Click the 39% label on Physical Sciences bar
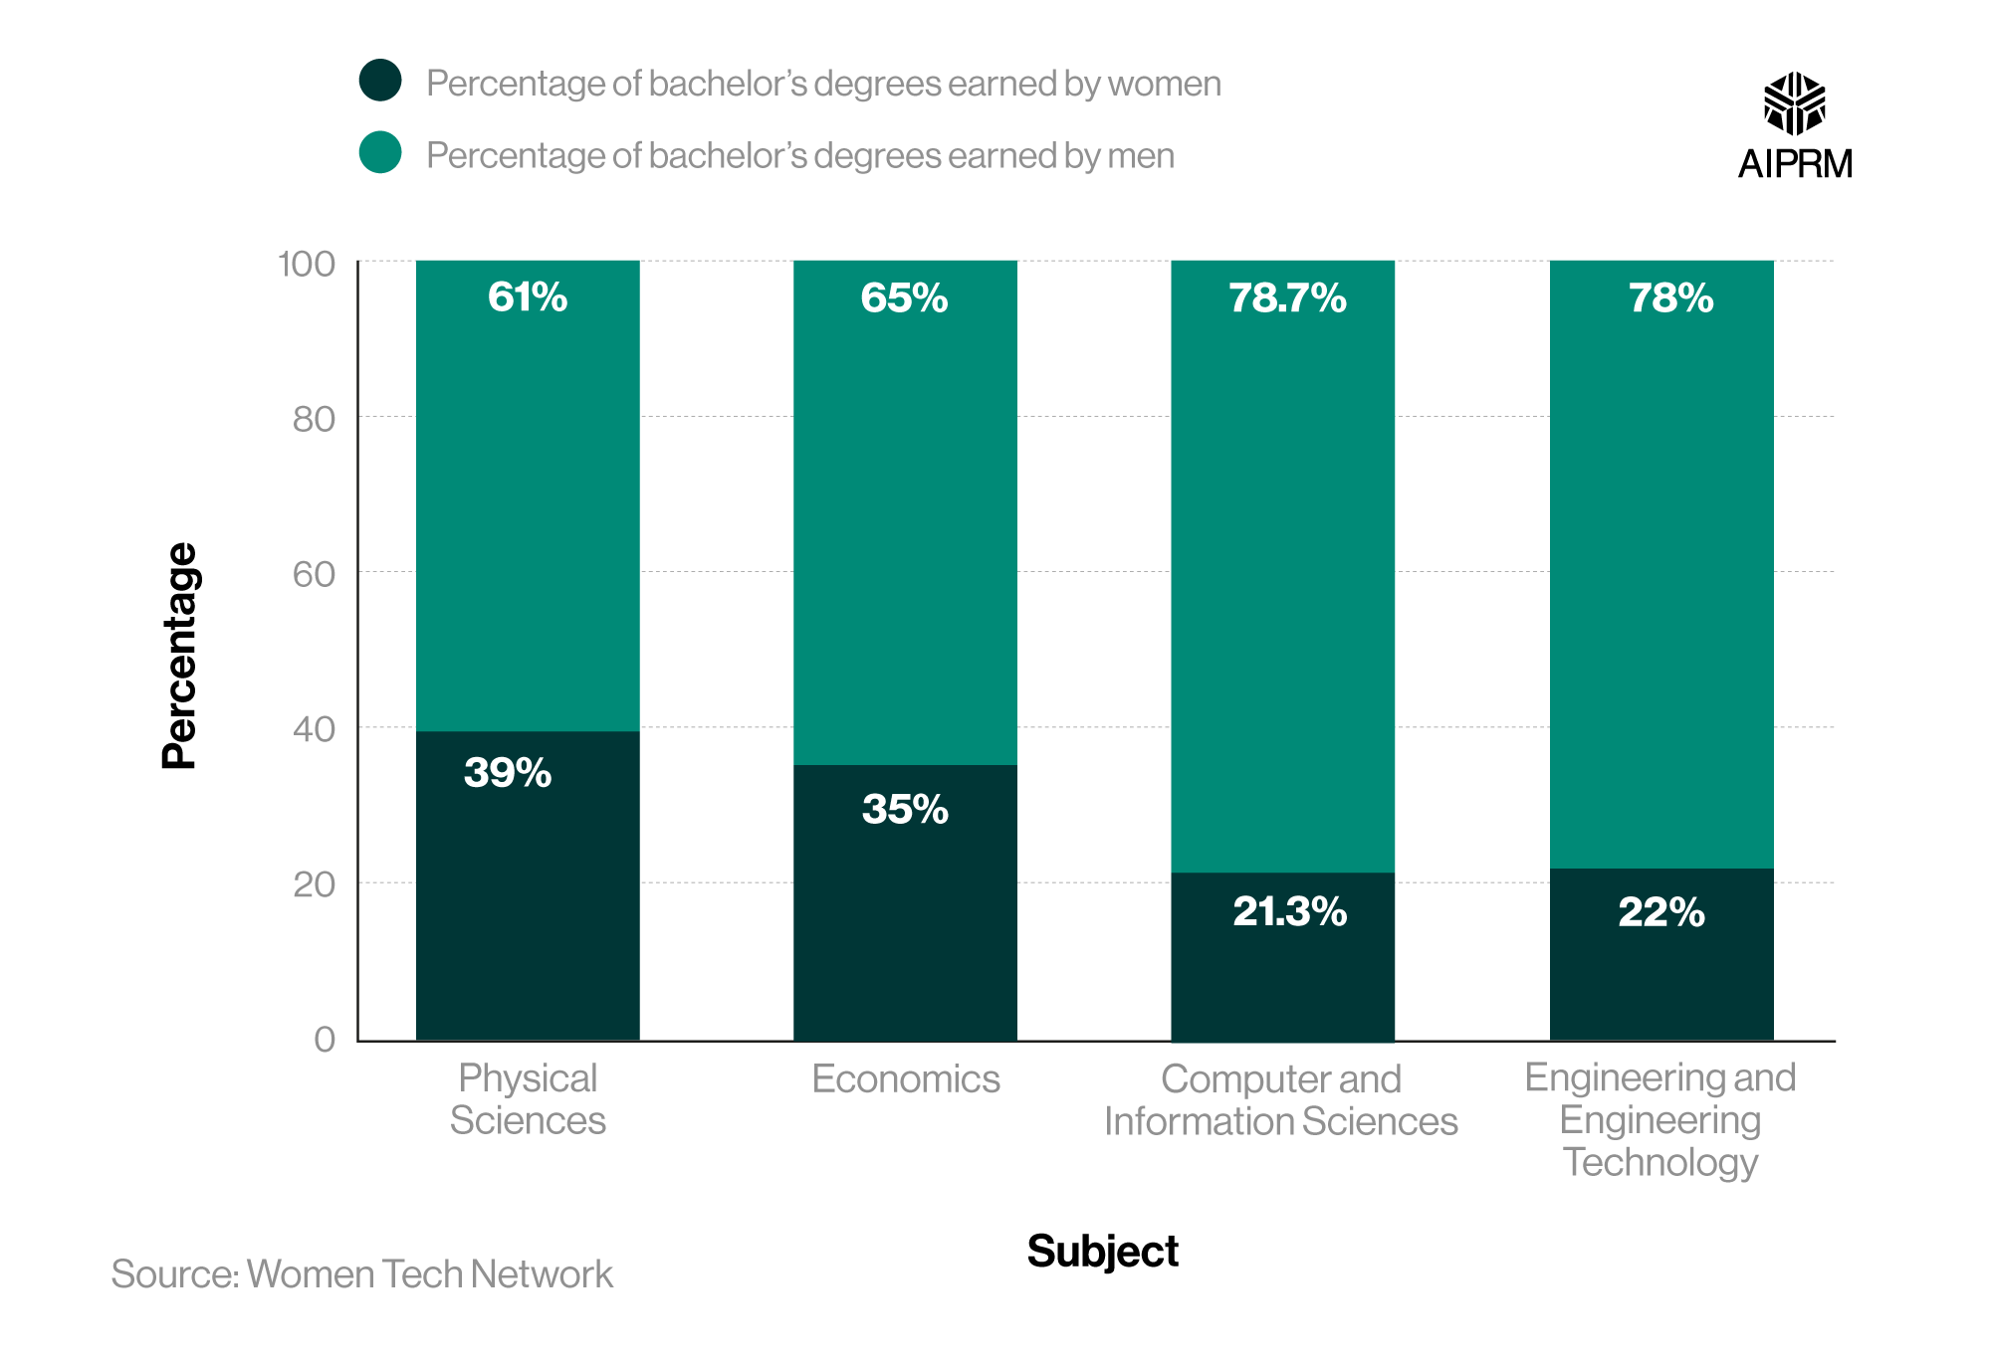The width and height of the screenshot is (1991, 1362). click(x=507, y=773)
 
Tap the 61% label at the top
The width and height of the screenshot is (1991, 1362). click(x=527, y=297)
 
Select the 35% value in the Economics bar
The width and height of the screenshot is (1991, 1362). click(x=904, y=809)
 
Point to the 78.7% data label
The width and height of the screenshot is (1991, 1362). click(x=1286, y=298)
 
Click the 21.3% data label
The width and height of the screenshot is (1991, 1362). click(x=1289, y=911)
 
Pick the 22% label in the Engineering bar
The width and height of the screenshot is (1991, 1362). click(x=1660, y=912)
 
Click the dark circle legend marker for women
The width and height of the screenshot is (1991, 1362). click(x=380, y=81)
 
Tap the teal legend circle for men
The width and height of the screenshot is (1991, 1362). click(x=380, y=152)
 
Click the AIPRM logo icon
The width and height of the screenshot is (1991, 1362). click(x=1794, y=103)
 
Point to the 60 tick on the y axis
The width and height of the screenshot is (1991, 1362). click(x=314, y=574)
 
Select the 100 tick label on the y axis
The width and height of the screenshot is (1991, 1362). click(x=306, y=264)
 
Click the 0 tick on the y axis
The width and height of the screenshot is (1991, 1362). click(x=325, y=1039)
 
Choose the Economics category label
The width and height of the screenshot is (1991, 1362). click(x=905, y=1079)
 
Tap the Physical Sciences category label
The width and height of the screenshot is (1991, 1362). click(x=527, y=1099)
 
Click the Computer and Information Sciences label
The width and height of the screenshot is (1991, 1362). click(x=1280, y=1100)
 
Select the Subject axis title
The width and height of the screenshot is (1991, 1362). click(x=1102, y=1251)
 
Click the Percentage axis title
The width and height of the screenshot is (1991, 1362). click(x=180, y=656)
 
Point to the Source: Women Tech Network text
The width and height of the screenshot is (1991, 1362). click(x=361, y=1274)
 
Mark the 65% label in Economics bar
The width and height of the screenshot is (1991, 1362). click(x=904, y=298)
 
